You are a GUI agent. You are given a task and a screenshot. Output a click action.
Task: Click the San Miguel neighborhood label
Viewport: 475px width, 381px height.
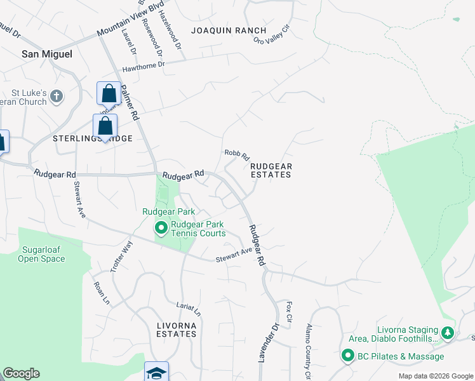coord(47,54)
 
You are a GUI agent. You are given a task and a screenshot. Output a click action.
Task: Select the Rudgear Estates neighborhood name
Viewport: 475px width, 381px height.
coord(271,170)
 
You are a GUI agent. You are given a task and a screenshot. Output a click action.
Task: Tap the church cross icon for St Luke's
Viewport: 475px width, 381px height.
coord(57,97)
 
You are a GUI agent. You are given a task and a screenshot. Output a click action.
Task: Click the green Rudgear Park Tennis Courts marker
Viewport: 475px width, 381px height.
coord(161,227)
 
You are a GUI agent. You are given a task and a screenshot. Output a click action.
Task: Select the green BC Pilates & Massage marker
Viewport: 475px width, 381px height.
coord(348,356)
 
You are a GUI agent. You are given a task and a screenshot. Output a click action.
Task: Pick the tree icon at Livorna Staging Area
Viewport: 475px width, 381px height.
coord(448,332)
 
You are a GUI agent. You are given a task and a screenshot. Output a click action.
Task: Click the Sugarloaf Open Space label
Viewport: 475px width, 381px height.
coord(41,254)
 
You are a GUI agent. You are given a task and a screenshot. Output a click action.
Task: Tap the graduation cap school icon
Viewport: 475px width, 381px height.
coord(156,373)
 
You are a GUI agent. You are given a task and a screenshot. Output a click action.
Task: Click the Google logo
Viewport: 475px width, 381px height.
coord(21,373)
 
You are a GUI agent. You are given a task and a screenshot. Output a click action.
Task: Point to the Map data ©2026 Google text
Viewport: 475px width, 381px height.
coord(435,376)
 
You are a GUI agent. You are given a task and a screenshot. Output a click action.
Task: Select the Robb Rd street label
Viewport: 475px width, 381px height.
coord(237,154)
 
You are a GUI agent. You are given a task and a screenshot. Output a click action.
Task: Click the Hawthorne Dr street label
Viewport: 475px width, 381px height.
coord(144,65)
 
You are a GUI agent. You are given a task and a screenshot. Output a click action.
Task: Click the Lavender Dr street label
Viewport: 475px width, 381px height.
coord(268,343)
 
